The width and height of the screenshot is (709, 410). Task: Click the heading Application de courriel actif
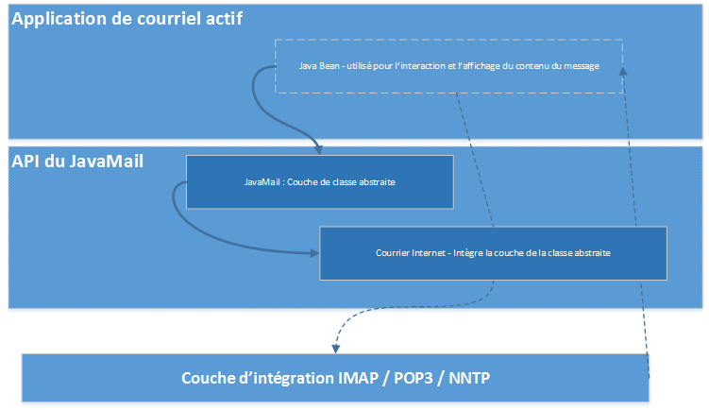pos(127,20)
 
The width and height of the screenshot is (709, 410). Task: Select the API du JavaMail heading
pos(77,162)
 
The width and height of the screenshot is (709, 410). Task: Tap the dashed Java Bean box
pos(449,66)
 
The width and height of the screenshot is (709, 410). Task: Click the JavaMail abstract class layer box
pos(319,181)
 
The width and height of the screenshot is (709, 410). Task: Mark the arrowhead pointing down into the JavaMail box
pos(318,149)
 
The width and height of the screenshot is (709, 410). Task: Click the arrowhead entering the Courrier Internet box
pos(314,253)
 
